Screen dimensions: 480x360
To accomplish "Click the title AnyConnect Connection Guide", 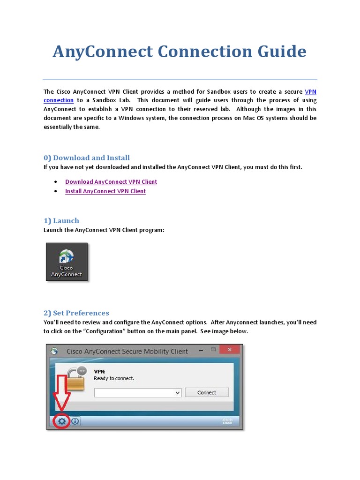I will (180, 52).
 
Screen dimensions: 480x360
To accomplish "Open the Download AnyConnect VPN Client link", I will (111, 182).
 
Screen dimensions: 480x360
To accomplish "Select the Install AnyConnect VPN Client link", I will (105, 191).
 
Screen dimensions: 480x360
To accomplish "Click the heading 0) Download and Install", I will (87, 158).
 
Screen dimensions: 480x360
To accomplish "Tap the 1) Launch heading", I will (61, 221).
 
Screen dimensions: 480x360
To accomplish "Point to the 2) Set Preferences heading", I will (76, 313).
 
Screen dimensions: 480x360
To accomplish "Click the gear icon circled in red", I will (61, 421).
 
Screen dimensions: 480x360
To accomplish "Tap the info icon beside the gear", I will (75, 421).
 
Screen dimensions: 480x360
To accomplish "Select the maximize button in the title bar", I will (213, 350).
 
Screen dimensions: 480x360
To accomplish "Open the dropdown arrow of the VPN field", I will (178, 393).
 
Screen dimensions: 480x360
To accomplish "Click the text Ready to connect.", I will (114, 378).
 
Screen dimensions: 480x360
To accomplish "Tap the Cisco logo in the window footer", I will (227, 421).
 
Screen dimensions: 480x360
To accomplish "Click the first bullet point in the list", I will (56, 182).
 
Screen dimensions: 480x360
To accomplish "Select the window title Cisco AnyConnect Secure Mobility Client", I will (127, 351).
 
